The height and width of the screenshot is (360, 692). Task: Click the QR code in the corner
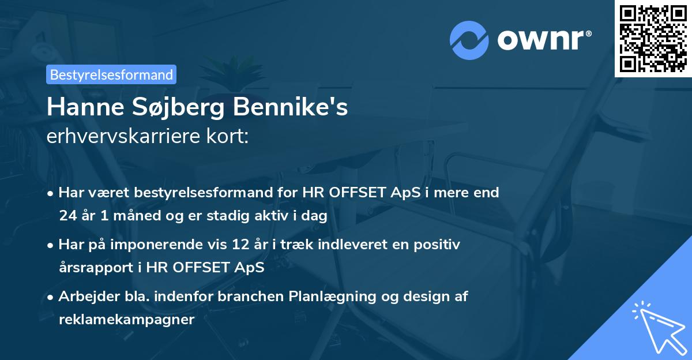pyautogui.click(x=653, y=39)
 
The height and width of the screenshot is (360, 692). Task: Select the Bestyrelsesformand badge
pyautogui.click(x=111, y=74)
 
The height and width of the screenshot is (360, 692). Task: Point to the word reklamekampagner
pyautogui.click(x=126, y=320)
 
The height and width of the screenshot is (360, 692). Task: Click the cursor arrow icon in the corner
pyautogui.click(x=657, y=325)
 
